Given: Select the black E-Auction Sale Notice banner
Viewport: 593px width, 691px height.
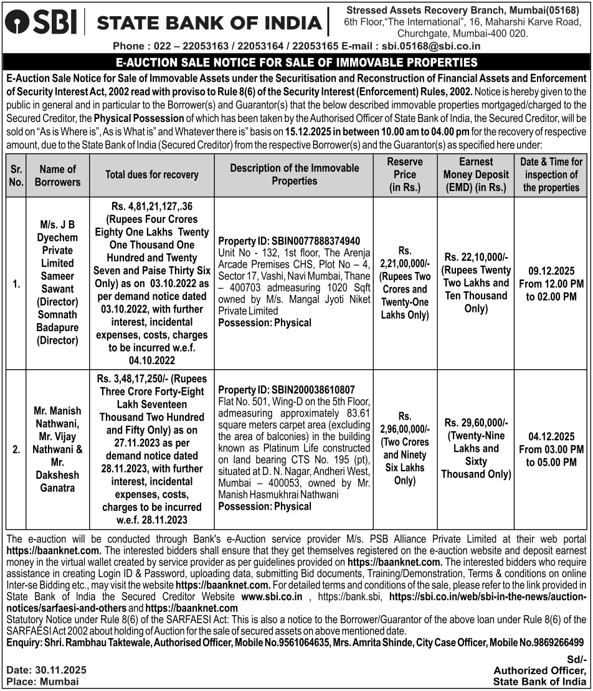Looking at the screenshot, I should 296,62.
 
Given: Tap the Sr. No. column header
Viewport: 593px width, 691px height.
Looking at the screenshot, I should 16,175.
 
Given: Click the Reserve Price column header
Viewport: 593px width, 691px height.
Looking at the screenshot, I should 405,174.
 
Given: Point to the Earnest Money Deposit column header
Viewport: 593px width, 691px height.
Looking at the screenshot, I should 476,175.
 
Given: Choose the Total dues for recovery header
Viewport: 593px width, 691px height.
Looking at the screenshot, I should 152,175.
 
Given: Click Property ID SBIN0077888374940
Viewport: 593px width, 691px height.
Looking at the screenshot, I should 290,241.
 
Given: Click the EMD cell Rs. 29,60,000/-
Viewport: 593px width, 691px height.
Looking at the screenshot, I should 476,422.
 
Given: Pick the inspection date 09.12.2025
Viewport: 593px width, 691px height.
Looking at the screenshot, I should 551,271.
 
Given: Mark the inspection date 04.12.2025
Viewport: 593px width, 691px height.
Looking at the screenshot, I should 551,436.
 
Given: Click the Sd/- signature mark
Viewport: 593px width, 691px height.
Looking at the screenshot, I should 577,659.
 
